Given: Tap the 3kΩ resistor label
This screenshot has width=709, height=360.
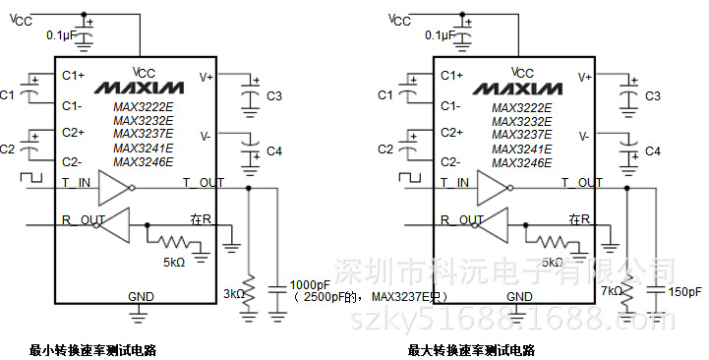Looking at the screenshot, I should pos(231,292).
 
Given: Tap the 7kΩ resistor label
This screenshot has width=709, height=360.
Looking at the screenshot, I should pos(610,292).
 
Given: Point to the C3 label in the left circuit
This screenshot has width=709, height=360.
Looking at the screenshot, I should pos(274,96).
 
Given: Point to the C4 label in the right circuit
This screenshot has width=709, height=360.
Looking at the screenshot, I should pos(653,150).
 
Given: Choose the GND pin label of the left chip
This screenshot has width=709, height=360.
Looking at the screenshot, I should pos(141,296).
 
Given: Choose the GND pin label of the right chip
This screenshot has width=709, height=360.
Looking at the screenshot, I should pos(519,296).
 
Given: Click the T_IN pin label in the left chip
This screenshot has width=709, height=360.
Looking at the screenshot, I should pos(76,182).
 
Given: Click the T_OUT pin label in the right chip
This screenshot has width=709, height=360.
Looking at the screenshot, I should pos(581,182).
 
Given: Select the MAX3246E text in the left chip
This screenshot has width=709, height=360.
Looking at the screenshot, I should pos(143,162).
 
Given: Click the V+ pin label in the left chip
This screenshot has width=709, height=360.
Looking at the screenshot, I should pos(207,76).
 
